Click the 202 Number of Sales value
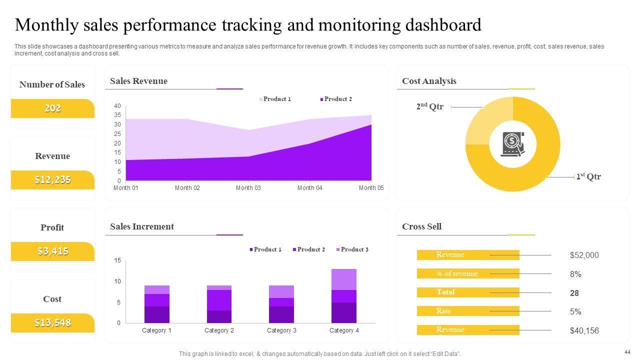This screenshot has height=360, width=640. pyautogui.click(x=52, y=108)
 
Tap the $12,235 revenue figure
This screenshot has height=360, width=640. pyautogui.click(x=52, y=179)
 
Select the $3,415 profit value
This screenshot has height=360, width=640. pyautogui.click(x=52, y=251)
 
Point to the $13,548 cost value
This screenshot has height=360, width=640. pyautogui.click(x=52, y=322)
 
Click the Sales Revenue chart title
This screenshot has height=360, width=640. pyautogui.click(x=138, y=81)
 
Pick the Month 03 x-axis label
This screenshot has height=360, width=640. pyautogui.click(x=248, y=188)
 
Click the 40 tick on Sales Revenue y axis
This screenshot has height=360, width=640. pyautogui.click(x=117, y=106)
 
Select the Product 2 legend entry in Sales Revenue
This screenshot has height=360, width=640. pyautogui.click(x=337, y=99)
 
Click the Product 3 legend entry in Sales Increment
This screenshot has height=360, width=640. pyautogui.click(x=354, y=249)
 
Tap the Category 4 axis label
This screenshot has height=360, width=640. pyautogui.click(x=344, y=330)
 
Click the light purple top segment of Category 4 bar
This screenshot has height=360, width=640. pyautogui.click(x=344, y=279)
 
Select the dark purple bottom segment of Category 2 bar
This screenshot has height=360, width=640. pyautogui.click(x=219, y=316)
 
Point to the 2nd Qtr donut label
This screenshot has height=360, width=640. pyautogui.click(x=430, y=106)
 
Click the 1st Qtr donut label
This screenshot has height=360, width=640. pyautogui.click(x=588, y=176)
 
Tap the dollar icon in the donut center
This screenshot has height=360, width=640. pyautogui.click(x=512, y=144)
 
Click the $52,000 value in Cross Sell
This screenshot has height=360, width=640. pyautogui.click(x=584, y=255)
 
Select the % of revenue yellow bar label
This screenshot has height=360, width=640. pyautogui.click(x=457, y=273)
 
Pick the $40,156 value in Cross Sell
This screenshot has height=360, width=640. pyautogui.click(x=584, y=330)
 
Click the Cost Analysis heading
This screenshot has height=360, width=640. pyautogui.click(x=429, y=81)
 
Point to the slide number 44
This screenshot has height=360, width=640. pyautogui.click(x=627, y=351)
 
